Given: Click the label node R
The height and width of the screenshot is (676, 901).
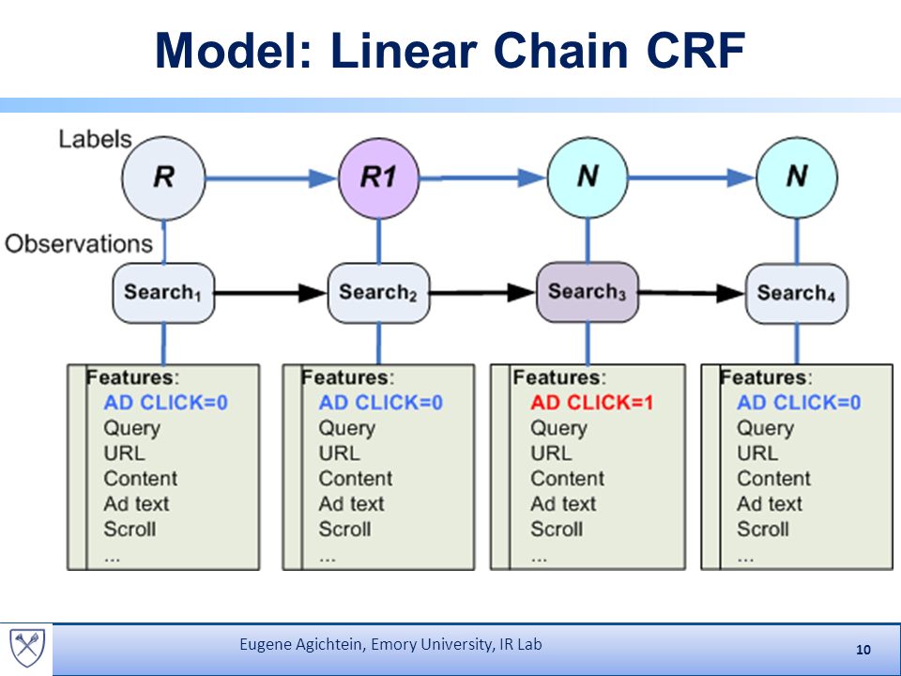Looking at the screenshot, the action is tap(163, 178).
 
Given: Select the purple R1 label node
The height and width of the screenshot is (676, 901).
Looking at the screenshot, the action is tap(378, 178).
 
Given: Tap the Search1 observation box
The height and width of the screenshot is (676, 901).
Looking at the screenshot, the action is tap(163, 293).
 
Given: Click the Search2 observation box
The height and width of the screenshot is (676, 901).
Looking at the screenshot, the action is tap(378, 293).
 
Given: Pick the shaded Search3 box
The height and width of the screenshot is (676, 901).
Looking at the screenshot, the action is tap(588, 292).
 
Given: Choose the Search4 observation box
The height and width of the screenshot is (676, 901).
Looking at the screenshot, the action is tap(797, 293).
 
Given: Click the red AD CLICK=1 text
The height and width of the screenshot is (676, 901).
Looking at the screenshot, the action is tap(592, 403).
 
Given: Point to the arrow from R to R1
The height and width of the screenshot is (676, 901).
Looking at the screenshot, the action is tap(271, 178).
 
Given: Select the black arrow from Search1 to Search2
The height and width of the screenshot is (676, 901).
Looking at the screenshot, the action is tap(270, 293).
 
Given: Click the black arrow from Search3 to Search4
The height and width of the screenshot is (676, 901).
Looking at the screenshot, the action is tap(692, 293).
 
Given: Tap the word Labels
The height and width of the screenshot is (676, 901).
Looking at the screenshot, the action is tap(96, 139).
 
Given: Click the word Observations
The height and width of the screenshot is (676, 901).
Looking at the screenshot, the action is tap(79, 244).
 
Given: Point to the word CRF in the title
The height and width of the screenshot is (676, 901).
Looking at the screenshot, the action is tap(696, 51).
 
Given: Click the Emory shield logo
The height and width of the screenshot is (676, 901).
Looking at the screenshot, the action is tap(27, 647).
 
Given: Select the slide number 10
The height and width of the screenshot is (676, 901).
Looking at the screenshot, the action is tap(863, 650).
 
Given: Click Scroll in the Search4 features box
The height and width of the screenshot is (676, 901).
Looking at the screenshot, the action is tap(762, 529).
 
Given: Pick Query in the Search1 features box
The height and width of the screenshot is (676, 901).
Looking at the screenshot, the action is tap(131, 429).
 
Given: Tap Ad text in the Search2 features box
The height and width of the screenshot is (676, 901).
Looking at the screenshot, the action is tap(351, 503).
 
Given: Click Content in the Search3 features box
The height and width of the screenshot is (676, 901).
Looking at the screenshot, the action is tap(567, 478).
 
